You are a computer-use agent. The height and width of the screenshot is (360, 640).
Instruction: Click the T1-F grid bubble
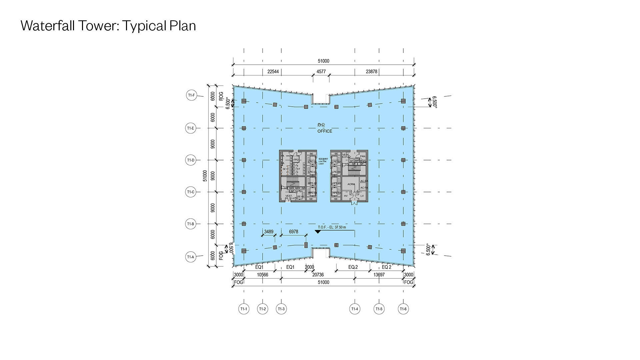pos(191,95)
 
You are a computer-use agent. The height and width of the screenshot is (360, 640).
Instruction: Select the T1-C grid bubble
pos(191,192)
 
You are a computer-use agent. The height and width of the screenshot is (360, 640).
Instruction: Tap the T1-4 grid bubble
pos(355,309)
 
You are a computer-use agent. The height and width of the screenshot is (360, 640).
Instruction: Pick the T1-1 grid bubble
pos(244,309)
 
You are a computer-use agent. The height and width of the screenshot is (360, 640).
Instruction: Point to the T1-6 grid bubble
pos(403,309)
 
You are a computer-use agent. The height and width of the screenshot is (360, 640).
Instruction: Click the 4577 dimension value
pos(321,72)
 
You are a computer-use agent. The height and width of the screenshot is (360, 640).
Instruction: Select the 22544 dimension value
pos(273,72)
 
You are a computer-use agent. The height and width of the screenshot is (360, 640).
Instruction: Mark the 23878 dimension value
pos(371,72)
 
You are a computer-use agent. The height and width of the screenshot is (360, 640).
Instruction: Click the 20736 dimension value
pos(318,275)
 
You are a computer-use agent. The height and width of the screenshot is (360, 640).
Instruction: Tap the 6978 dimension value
pos(293,232)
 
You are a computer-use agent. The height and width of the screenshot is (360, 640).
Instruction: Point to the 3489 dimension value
pos(269,232)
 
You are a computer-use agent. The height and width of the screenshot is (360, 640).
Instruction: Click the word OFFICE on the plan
pos(325,131)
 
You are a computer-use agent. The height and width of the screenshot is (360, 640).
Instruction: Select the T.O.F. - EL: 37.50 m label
pos(332,227)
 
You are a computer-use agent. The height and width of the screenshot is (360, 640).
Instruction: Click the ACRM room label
pos(351,184)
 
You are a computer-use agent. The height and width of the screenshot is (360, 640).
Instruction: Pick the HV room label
pos(346,196)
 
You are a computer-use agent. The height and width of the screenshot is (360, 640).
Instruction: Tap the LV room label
pos(362,196)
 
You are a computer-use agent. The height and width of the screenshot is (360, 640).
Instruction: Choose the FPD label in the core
pos(296,160)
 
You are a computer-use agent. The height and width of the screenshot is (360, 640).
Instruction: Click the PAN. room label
pos(363,156)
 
